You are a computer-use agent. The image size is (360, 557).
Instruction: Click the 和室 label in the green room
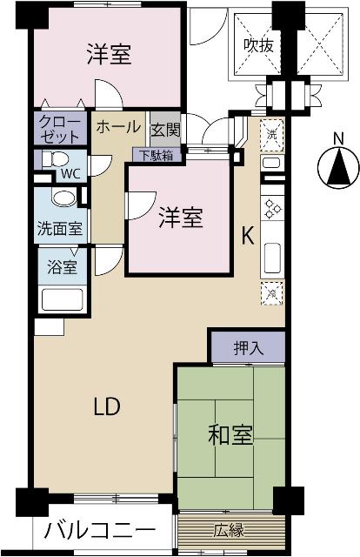point(230,436)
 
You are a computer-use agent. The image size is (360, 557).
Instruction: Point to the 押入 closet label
point(248,349)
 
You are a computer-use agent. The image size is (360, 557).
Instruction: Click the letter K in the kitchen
point(247,236)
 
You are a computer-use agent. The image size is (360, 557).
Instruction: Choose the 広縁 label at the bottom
point(230,528)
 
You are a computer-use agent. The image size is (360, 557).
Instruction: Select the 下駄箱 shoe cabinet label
point(158,155)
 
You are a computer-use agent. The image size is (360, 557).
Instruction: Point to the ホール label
point(117,127)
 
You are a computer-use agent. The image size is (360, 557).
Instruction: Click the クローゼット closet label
point(60,130)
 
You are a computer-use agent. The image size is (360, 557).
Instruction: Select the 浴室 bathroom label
point(59,267)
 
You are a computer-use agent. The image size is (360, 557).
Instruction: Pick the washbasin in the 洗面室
point(63,198)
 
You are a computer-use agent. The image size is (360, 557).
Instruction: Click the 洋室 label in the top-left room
point(109,55)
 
